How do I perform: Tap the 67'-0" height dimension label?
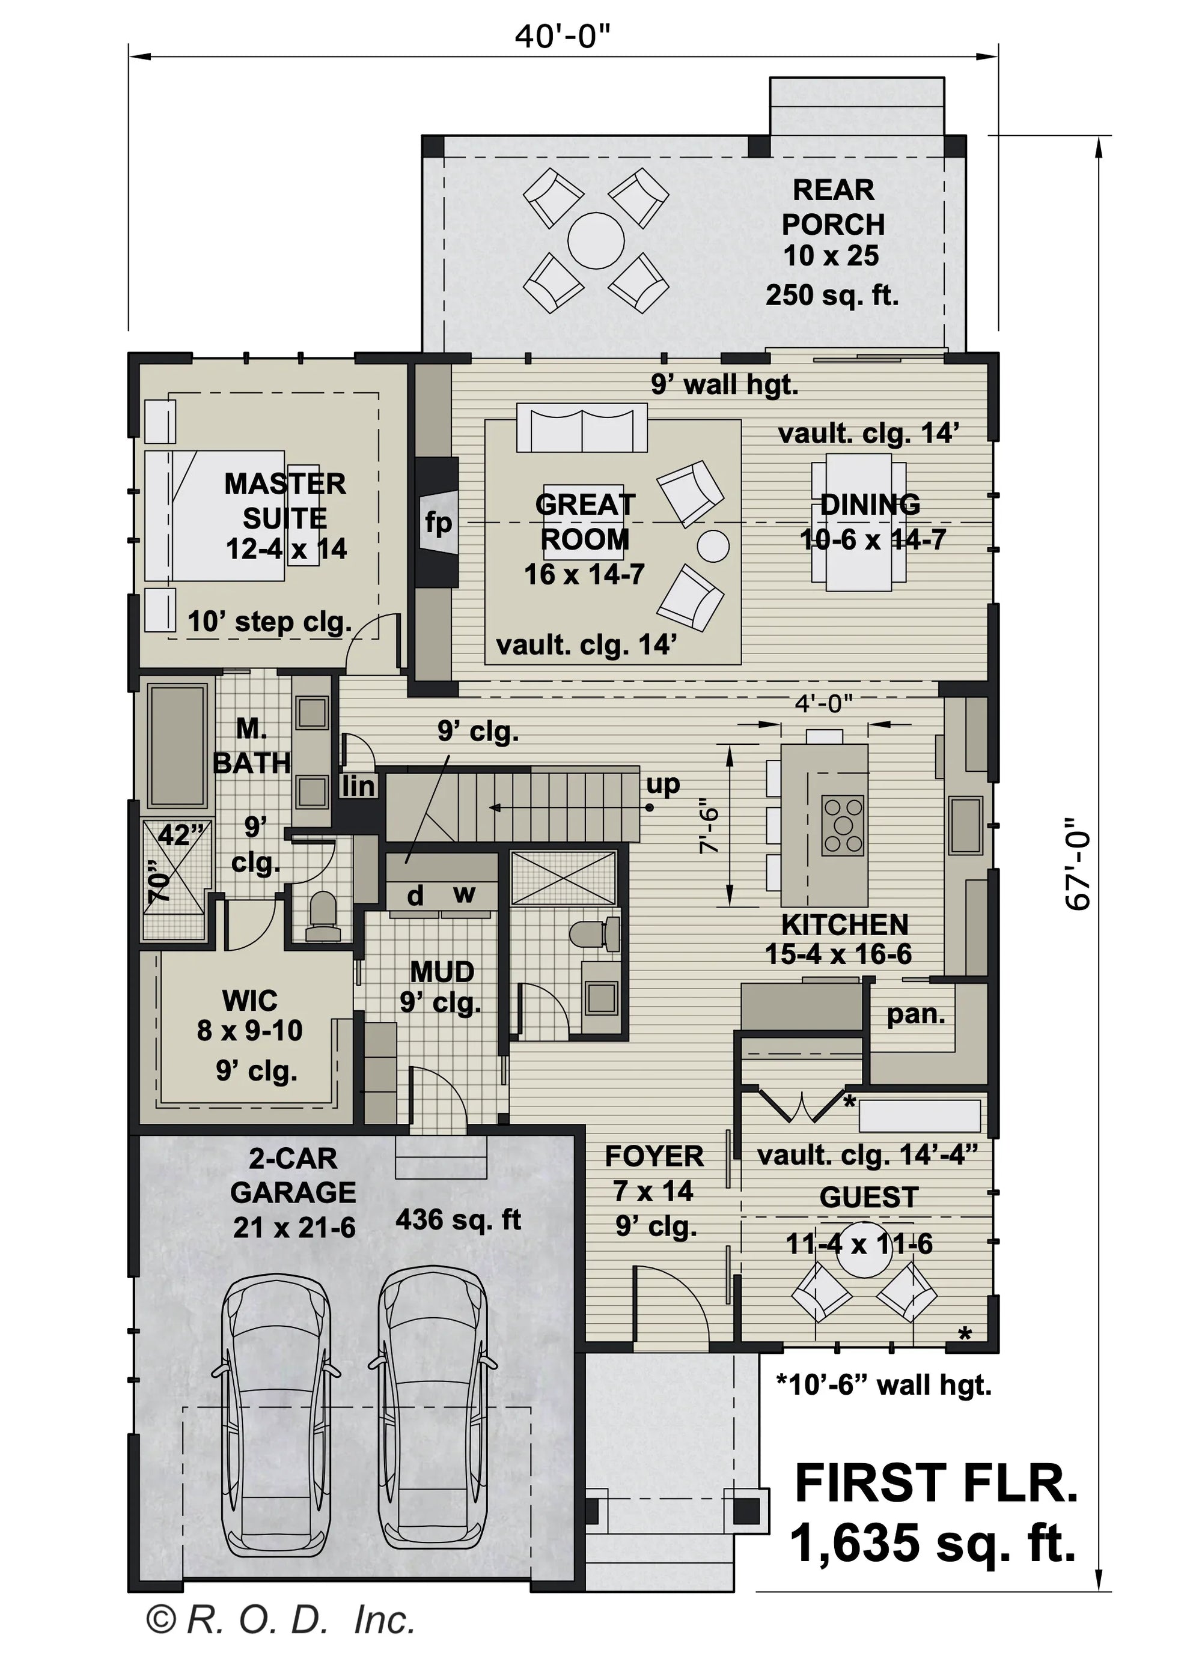[1077, 862]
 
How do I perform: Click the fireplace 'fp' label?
[438, 523]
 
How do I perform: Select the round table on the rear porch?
[596, 240]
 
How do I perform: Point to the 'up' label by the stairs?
[662, 784]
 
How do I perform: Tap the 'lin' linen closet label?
[358, 787]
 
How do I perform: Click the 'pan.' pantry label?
[916, 1014]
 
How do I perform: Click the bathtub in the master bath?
[177, 746]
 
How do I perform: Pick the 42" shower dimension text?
[180, 835]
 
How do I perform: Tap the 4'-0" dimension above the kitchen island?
[823, 703]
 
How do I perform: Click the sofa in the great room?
[581, 428]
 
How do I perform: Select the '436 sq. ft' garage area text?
[458, 1219]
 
